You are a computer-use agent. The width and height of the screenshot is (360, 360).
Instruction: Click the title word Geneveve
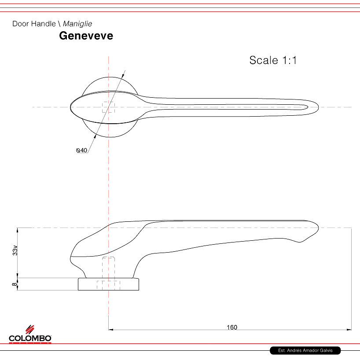[86, 36]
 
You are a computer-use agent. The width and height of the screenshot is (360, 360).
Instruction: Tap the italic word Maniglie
[77, 24]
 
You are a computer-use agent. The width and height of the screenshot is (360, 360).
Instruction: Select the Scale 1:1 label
[273, 60]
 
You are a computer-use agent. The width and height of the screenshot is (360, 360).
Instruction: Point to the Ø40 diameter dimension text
[82, 151]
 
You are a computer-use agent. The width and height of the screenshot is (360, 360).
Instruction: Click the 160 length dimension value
[232, 327]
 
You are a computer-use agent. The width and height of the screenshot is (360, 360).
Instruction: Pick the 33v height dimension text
[15, 250]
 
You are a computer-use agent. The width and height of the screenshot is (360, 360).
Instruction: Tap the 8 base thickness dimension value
[15, 284]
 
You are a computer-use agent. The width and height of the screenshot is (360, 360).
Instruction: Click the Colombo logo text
[30, 338]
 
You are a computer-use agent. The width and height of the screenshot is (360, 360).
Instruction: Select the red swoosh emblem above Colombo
[29, 329]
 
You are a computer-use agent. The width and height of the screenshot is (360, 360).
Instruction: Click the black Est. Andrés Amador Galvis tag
[305, 351]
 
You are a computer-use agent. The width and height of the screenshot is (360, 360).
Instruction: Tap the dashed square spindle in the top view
[108, 107]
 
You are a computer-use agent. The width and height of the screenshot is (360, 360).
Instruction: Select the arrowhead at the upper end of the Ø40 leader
[123, 74]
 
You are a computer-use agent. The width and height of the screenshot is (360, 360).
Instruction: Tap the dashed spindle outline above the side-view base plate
[109, 266]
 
